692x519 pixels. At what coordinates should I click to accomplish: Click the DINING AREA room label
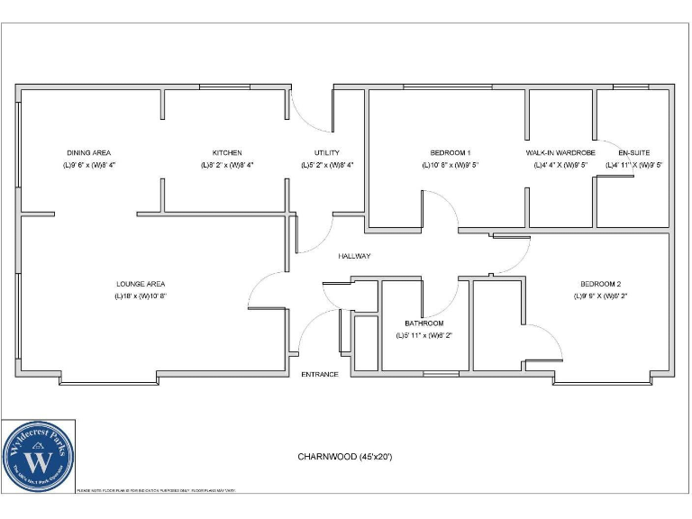88,153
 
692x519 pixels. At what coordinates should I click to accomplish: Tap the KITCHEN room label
227,153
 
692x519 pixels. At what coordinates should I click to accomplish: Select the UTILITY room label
326,153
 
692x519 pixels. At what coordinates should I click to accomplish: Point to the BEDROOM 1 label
450,153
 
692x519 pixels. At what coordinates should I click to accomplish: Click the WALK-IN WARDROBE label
560,153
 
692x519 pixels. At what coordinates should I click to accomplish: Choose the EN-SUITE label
633,153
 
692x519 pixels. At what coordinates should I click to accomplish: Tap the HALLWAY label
354,256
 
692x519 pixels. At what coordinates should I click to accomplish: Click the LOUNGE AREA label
141,284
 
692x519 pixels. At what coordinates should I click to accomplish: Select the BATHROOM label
423,323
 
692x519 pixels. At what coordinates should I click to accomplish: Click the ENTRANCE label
320,374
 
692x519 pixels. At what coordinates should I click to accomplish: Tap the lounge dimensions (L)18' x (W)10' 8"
141,296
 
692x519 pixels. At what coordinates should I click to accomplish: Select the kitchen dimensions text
227,166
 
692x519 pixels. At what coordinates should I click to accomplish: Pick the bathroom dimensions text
423,335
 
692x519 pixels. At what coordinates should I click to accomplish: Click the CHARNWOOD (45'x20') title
345,457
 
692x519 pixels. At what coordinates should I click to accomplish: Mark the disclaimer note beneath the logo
157,490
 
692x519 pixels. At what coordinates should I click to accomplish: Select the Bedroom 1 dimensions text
450,166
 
